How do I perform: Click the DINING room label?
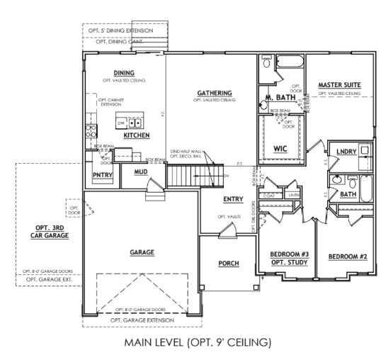124,72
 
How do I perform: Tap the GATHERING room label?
213,93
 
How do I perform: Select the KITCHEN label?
136,135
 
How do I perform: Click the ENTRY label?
233,199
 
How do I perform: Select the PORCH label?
228,264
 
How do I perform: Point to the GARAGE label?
142,252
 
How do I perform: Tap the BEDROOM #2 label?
345,256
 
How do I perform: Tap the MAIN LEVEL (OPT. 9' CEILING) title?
198,344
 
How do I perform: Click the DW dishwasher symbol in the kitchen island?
122,123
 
